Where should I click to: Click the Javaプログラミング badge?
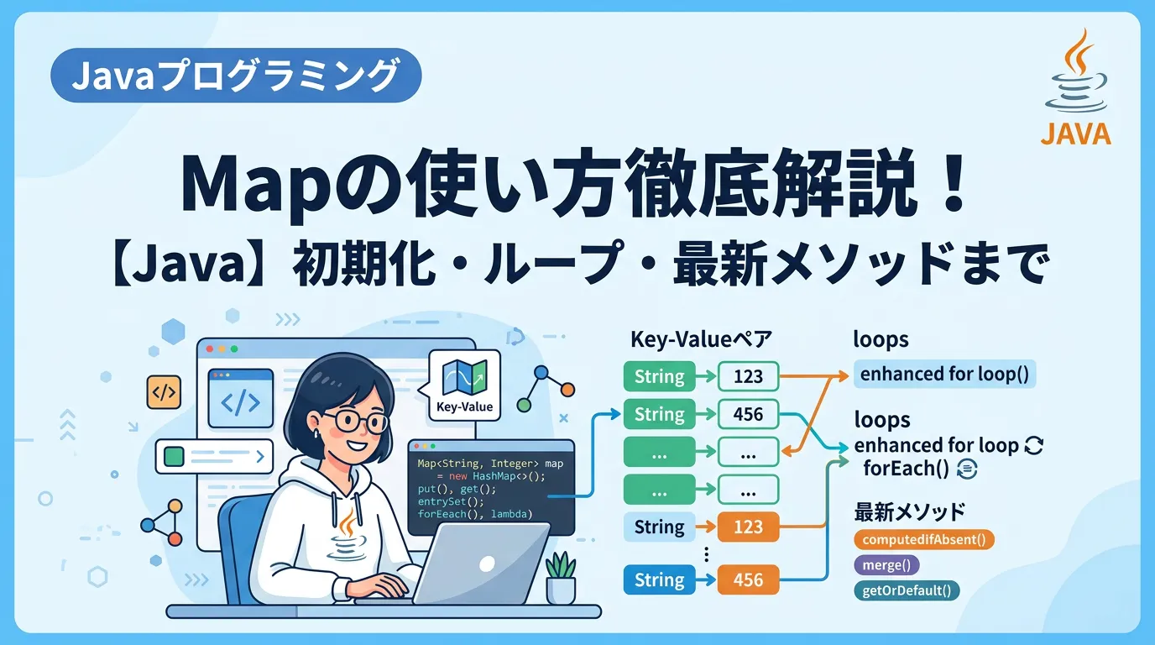tap(236, 76)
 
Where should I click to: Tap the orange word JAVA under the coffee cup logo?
tap(1075, 134)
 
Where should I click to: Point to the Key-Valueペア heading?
tap(701, 339)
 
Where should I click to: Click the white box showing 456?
tap(748, 414)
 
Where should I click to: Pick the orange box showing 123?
tap(748, 527)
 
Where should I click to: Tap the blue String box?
tap(659, 580)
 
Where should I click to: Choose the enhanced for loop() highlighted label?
tap(944, 374)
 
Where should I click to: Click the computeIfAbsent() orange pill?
tap(924, 540)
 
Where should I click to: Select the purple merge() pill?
tap(887, 565)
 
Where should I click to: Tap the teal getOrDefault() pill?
tap(907, 590)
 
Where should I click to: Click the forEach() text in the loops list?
tap(906, 469)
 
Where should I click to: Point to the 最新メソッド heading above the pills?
tap(909, 512)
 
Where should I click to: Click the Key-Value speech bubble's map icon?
tap(464, 376)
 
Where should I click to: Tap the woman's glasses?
tap(355, 422)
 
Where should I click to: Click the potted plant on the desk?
tap(561, 578)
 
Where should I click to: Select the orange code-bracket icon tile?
tap(164, 392)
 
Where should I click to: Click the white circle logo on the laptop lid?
tap(487, 564)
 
